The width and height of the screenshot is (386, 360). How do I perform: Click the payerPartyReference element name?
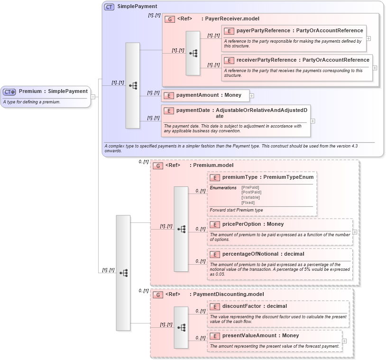pos(263,30)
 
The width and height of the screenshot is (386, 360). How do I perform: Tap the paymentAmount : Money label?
pos(209,95)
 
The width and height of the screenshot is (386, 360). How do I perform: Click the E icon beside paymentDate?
pos(168,110)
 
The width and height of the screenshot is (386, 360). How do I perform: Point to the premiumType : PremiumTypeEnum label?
pos(268,177)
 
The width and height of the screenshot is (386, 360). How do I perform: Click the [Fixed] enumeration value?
pos(248,203)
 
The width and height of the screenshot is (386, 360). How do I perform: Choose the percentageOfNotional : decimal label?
pos(263,254)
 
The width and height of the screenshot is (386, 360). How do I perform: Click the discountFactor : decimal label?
pos(255,306)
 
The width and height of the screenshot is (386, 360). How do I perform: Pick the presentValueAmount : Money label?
pos(260,335)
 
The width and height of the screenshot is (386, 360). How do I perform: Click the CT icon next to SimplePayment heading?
pos(109,7)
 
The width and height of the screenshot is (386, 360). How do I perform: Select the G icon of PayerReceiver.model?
pos(170,19)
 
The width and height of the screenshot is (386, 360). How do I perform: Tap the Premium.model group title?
pos(213,165)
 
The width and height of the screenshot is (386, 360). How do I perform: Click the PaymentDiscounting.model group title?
pos(226,294)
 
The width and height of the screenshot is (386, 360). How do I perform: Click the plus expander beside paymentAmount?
pos(252,95)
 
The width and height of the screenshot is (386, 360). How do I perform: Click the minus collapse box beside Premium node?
pos(93,97)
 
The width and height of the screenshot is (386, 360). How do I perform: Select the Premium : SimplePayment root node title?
pos(53,91)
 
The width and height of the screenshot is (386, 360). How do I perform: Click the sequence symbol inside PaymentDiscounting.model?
pos(181,327)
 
